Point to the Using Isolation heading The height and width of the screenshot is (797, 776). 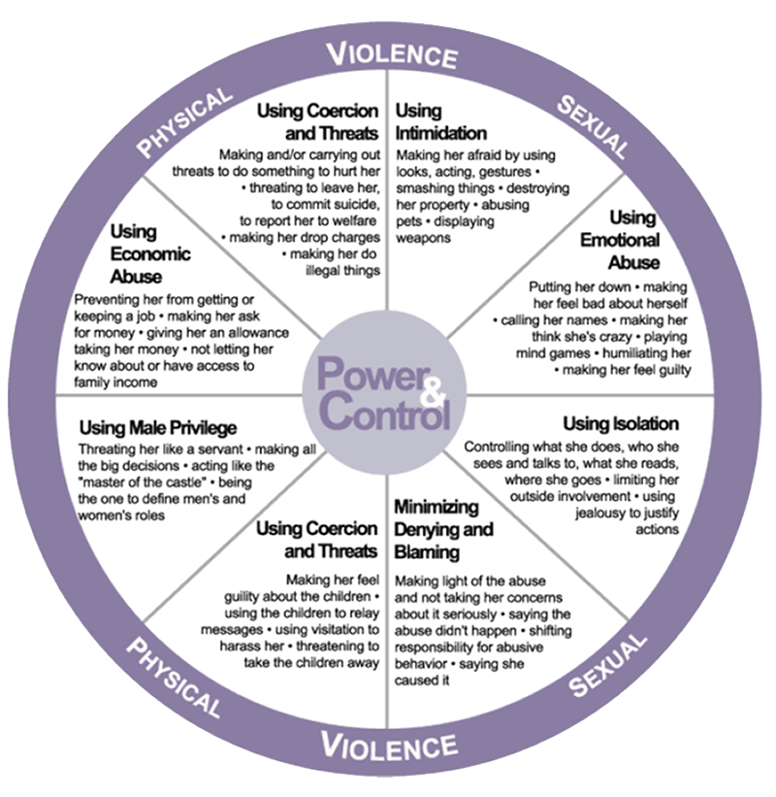pyautogui.click(x=621, y=424)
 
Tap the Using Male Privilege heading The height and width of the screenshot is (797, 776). pyautogui.click(x=158, y=427)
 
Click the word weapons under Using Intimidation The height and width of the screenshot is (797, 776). pyautogui.click(x=423, y=238)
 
